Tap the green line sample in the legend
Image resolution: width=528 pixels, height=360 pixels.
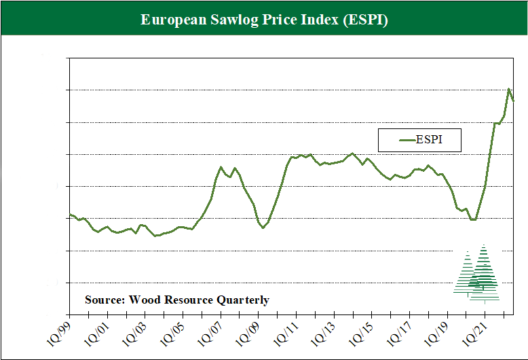coord(406,141)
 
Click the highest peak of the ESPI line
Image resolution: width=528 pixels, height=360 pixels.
coord(509,88)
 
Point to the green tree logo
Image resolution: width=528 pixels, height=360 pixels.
coord(478,274)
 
